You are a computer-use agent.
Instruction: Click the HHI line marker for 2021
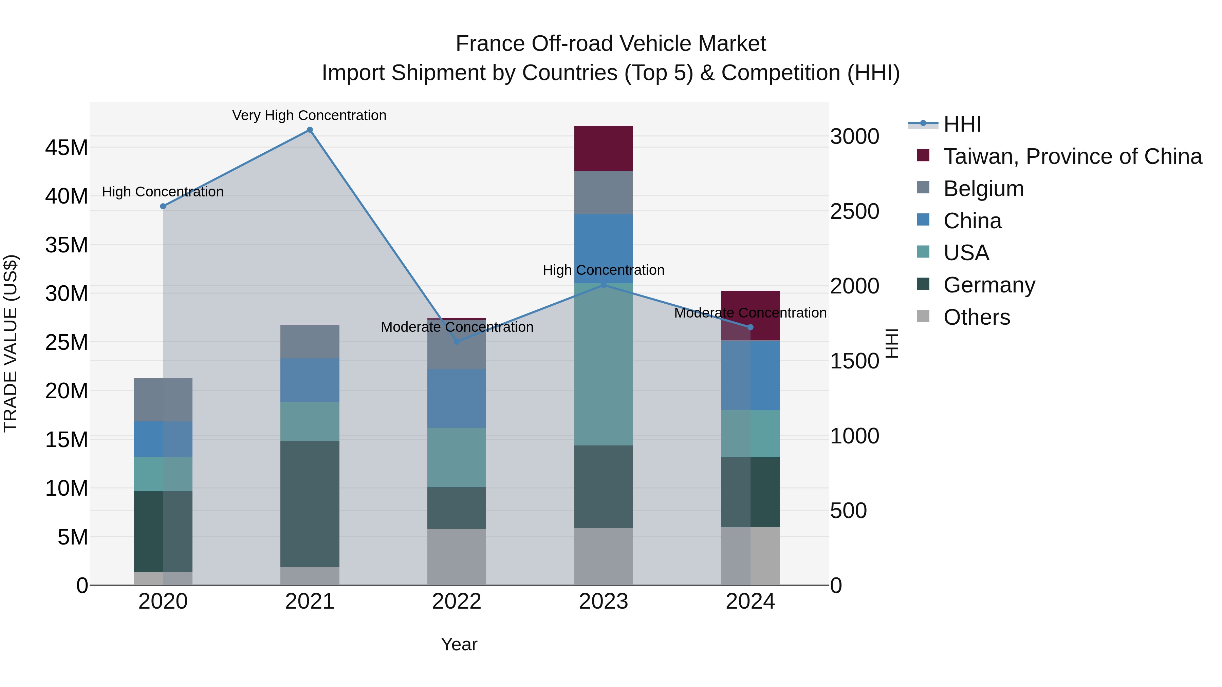(310, 130)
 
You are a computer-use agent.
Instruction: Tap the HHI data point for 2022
(457, 341)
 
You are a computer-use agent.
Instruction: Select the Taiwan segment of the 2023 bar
(604, 148)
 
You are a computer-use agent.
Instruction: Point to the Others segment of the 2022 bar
(457, 557)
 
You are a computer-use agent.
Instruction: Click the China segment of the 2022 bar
(457, 398)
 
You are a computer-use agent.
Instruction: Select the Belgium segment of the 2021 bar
(310, 341)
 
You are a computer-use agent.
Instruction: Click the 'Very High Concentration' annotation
(309, 115)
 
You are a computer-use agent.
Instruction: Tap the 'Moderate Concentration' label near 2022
(457, 327)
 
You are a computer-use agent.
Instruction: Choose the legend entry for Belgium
(983, 189)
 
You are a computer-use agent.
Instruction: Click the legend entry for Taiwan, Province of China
(1072, 156)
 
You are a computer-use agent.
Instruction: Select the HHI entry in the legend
(962, 124)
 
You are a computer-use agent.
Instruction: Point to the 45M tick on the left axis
(67, 148)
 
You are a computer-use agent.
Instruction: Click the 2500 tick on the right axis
(854, 211)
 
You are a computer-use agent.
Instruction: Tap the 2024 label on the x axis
(750, 602)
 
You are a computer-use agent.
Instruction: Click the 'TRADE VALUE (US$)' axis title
(11, 343)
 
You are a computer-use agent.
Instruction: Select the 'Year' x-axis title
(459, 644)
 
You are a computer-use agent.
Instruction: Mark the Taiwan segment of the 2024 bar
(750, 315)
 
